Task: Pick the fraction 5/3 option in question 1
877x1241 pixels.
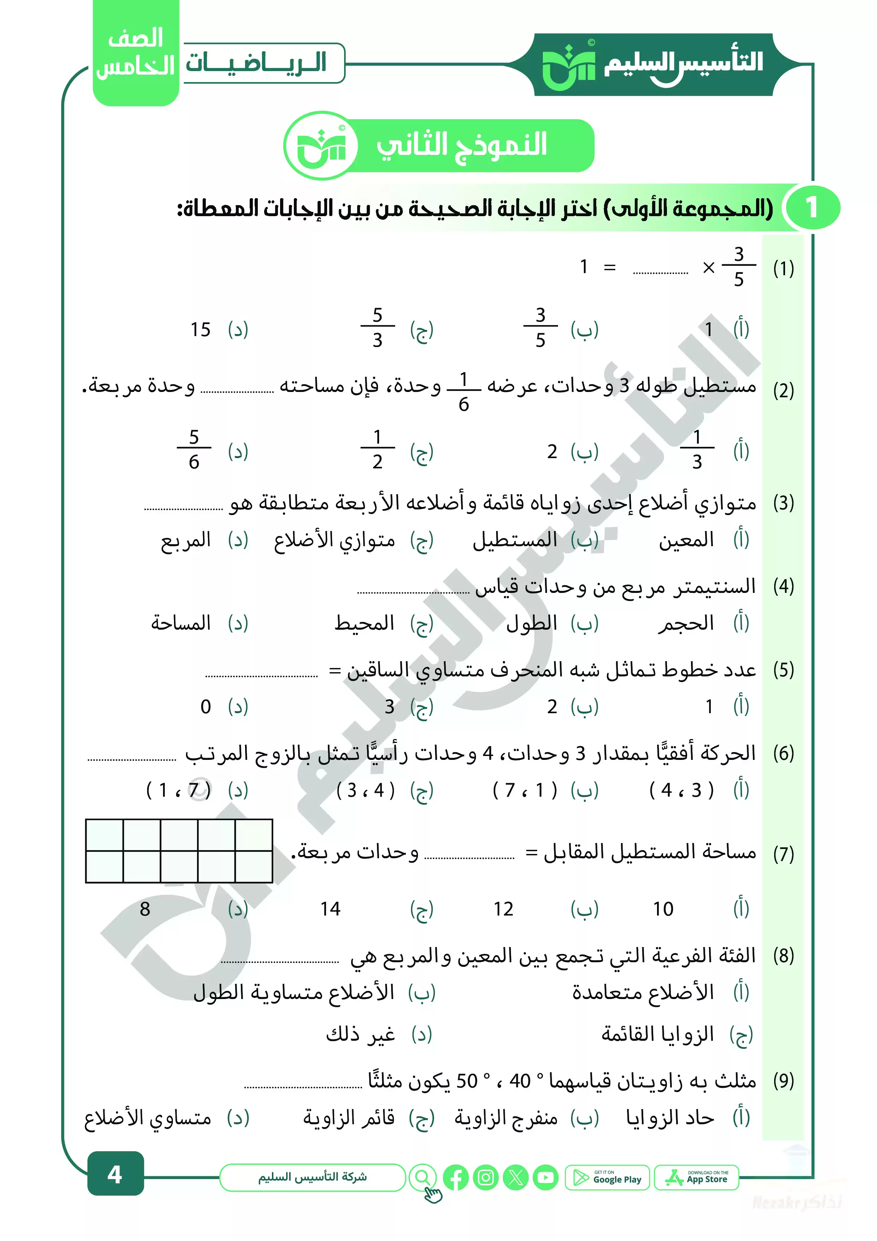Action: [377, 328]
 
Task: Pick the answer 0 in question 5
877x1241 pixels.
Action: [205, 706]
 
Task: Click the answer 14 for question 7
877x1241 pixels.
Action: [330, 909]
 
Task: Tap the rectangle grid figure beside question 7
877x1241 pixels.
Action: [179, 851]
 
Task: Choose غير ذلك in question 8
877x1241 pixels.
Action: [360, 1034]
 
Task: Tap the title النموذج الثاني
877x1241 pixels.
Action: [462, 145]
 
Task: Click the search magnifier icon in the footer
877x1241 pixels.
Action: [423, 1178]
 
